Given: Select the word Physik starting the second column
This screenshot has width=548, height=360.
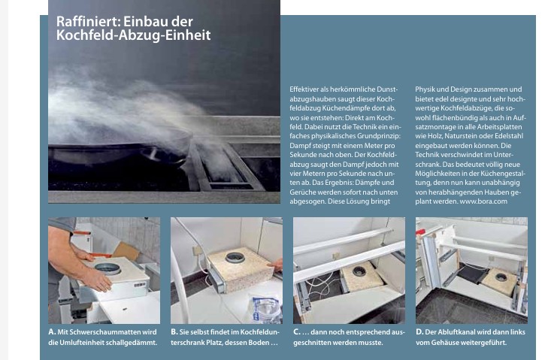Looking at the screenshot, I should coord(425,89).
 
